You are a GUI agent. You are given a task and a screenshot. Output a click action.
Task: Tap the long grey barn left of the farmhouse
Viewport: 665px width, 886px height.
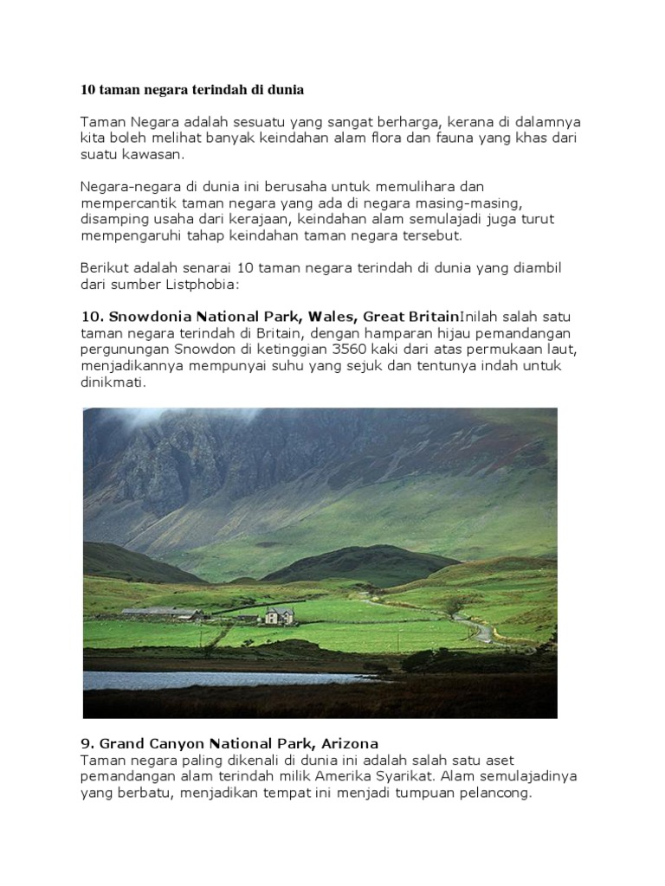(x=161, y=614)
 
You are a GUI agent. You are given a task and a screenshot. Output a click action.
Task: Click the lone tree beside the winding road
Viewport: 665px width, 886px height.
(x=454, y=605)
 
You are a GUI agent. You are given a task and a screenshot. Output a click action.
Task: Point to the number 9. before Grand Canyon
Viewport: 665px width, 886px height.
(x=87, y=743)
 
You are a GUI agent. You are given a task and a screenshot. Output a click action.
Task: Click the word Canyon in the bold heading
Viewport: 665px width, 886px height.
(x=187, y=743)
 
